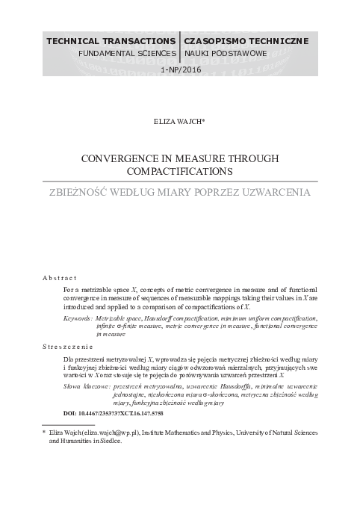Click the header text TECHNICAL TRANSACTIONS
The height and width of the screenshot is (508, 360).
click(111, 40)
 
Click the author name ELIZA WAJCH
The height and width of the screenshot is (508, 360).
click(179, 120)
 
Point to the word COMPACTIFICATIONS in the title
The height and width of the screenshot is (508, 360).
click(180, 172)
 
